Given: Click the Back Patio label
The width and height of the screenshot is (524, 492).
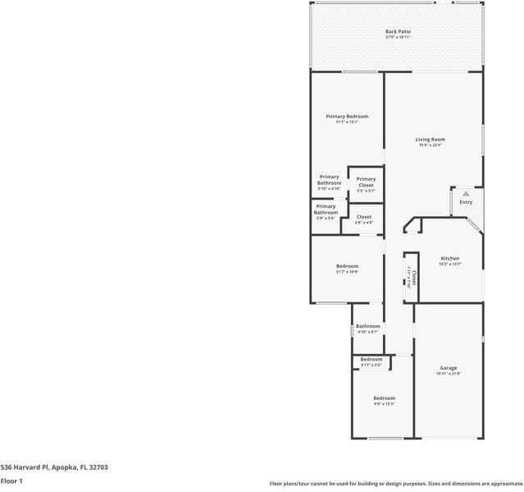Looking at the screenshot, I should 398,31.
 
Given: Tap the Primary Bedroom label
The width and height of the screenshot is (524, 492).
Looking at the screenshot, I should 347,117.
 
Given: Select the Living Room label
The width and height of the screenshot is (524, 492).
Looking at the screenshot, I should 430,140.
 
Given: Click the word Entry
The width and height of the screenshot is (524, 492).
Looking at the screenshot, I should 466,202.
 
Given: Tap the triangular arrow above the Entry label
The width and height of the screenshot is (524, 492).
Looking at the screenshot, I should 466,194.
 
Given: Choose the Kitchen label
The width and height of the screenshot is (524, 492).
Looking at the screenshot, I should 449,258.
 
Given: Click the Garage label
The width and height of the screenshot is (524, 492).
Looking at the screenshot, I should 449,368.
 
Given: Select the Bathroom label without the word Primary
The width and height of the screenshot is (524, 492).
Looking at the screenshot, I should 367,326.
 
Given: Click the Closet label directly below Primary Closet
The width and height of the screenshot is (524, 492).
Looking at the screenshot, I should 363,217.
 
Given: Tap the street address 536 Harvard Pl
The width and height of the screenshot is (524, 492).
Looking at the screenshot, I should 23,467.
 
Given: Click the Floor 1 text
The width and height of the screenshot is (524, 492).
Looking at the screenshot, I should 11,481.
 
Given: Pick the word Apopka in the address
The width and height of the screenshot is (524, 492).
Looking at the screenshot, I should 62,467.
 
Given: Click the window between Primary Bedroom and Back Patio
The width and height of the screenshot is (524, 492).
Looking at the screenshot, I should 359,72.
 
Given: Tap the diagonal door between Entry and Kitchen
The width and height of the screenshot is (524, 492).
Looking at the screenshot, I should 475,225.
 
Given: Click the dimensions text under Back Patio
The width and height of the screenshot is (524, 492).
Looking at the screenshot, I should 398,37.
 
